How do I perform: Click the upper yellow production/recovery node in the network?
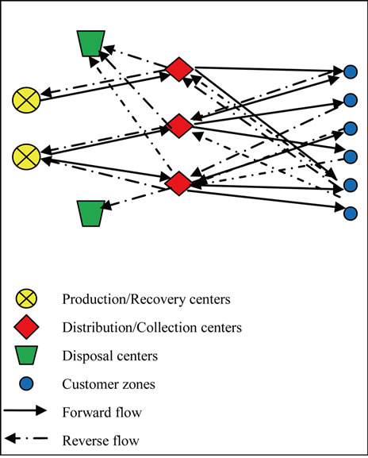[x=26, y=100]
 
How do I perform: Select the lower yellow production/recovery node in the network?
[x=26, y=156]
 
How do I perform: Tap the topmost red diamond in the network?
[x=179, y=69]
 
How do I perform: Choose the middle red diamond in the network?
[x=179, y=125]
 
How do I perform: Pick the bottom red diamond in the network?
[x=179, y=183]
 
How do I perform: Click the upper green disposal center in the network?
[x=90, y=43]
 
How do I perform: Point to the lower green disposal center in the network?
[x=90, y=214]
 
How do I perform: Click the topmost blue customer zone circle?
[x=351, y=72]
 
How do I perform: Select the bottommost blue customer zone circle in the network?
[x=351, y=214]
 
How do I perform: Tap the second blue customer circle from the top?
[x=351, y=100]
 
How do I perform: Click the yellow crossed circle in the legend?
[x=26, y=298]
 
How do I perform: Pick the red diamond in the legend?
[x=26, y=327]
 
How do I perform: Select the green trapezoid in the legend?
[x=26, y=356]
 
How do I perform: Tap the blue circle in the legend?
[x=26, y=384]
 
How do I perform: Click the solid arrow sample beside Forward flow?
[x=25, y=410]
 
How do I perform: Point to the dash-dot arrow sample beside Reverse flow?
[x=26, y=438]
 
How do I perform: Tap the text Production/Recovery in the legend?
[x=125, y=299]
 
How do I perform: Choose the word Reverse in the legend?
[x=86, y=441]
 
